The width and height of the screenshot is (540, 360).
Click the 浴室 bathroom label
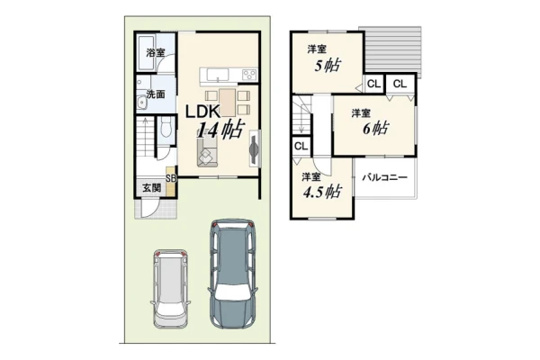(156, 53)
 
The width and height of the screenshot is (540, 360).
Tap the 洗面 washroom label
(156, 94)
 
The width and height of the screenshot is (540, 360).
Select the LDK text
(202, 112)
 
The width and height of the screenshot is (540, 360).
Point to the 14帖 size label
(220, 130)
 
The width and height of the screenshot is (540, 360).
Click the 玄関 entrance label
(151, 188)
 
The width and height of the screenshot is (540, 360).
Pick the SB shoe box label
(171, 178)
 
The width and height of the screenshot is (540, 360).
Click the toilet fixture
(166, 127)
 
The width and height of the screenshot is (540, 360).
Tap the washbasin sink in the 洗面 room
(141, 103)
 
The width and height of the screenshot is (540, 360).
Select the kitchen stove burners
(249, 75)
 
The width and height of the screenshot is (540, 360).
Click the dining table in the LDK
(227, 103)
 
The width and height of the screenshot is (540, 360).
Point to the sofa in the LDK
(207, 153)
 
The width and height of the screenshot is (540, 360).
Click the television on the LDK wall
(254, 148)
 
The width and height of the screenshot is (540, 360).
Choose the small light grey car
(171, 289)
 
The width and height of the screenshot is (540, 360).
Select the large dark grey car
(231, 274)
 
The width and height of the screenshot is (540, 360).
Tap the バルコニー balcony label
(384, 178)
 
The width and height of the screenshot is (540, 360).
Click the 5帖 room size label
(328, 65)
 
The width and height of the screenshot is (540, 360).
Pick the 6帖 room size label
(375, 129)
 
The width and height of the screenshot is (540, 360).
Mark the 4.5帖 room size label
(322, 192)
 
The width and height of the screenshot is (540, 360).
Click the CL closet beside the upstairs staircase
(301, 146)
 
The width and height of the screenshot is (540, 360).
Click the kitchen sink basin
(217, 74)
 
